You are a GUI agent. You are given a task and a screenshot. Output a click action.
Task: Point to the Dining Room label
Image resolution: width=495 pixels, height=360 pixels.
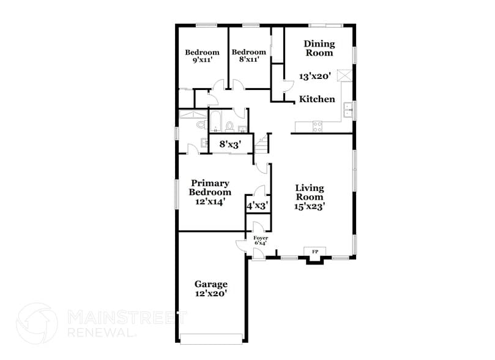coord(319,48)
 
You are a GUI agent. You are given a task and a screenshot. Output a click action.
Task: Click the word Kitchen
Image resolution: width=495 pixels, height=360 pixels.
coord(316,99)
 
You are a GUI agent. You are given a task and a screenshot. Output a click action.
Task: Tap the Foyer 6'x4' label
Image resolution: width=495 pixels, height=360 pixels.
coord(260,240)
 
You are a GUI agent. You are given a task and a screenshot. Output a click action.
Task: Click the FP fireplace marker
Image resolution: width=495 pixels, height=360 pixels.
coord(316,252)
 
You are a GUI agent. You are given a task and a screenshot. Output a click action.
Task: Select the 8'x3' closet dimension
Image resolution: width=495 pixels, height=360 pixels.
coord(229,144)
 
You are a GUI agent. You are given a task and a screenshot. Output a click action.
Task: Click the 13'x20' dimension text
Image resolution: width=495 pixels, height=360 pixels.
coord(315,77)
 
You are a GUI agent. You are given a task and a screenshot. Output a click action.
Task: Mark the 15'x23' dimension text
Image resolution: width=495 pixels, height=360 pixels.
coord(310,206)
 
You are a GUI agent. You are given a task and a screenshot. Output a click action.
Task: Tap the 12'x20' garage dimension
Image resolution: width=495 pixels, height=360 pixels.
coord(211,293)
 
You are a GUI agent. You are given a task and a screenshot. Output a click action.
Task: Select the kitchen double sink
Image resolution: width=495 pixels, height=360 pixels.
coord(348,110)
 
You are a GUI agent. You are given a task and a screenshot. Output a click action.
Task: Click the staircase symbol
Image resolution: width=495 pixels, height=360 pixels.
coord(262,144)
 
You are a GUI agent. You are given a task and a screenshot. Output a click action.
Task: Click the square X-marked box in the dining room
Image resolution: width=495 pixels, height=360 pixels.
coord(346,75)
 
